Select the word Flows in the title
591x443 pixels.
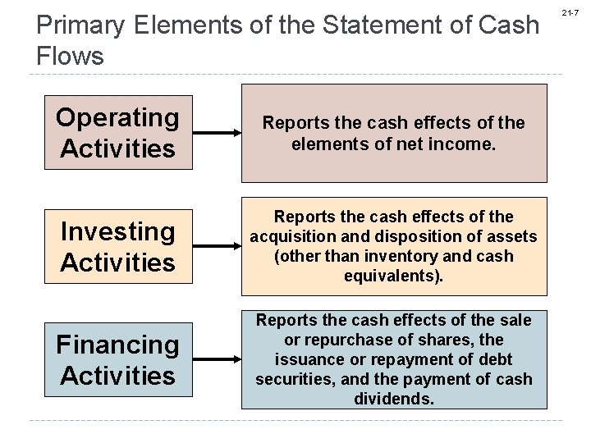71,56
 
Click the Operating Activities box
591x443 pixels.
117,133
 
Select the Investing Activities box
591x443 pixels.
117,247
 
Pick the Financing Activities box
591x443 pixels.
117,360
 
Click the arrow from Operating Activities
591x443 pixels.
217,133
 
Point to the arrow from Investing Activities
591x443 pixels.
217,246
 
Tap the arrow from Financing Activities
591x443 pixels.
217,359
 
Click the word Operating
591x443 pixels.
117,118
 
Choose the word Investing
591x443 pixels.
117,232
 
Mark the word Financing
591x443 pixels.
117,345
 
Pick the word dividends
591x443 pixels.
394,399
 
